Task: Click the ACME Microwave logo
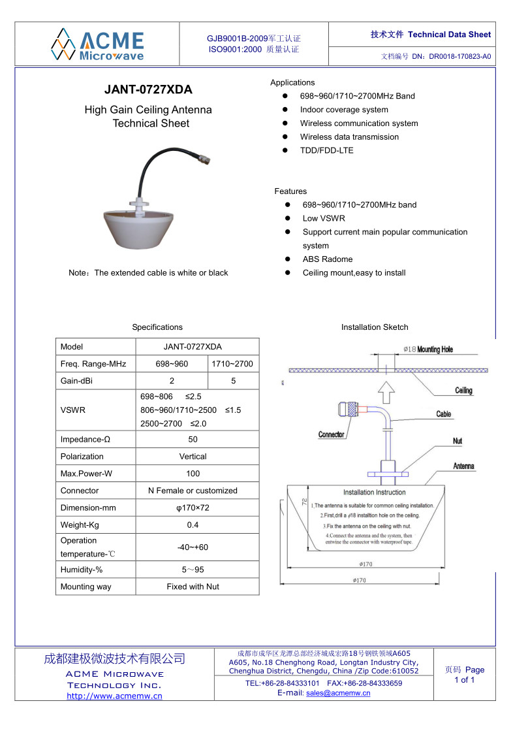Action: coord(98,44)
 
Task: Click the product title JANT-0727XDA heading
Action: coord(148,90)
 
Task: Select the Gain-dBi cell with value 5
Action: coord(233,381)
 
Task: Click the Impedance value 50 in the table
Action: coord(193,440)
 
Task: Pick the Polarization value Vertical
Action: coord(193,457)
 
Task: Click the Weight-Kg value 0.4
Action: coord(193,525)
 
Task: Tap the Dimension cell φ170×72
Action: coord(193,508)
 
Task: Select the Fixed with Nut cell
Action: coord(193,587)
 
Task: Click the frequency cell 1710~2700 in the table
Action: coord(233,364)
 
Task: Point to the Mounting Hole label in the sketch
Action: coord(435,349)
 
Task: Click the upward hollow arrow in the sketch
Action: coord(386,392)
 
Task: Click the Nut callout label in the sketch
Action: coord(458,441)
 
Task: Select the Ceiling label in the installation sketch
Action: coord(463,391)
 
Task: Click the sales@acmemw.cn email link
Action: coord(338,693)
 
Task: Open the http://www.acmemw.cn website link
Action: coord(114,696)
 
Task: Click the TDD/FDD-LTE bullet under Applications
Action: coord(326,150)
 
